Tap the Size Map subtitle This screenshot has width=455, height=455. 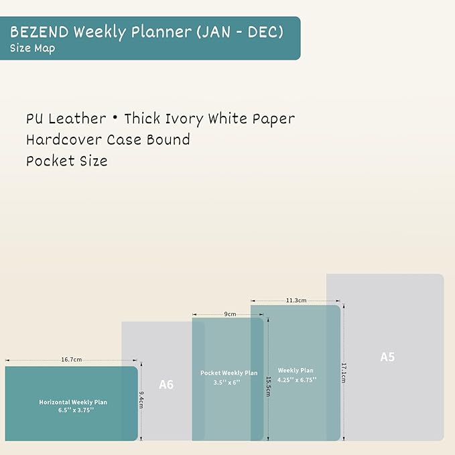[32, 48]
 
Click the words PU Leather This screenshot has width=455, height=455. [66, 119]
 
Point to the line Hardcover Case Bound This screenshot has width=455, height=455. [108, 139]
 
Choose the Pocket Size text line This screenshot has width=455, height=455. [66, 161]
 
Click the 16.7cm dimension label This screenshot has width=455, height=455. [71, 360]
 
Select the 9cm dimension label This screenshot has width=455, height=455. [230, 314]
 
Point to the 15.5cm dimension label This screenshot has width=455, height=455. [268, 385]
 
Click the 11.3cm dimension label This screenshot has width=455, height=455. [296, 300]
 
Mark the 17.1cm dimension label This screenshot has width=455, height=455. [344, 373]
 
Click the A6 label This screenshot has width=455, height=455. [166, 385]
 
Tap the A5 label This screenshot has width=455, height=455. [387, 357]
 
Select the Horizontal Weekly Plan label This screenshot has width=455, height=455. [73, 402]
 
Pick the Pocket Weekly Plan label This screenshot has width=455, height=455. [229, 373]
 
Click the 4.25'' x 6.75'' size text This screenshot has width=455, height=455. [296, 379]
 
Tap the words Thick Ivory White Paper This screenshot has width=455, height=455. [209, 119]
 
